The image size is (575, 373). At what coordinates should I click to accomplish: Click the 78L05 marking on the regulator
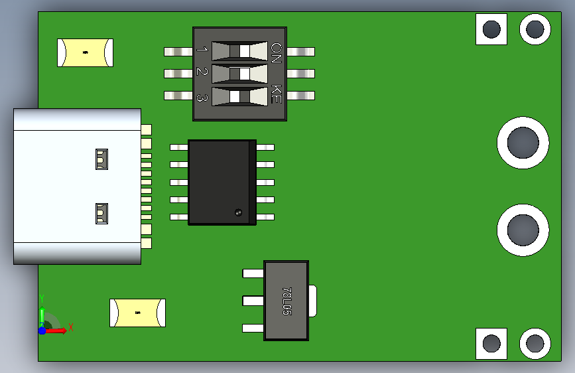click(x=287, y=301)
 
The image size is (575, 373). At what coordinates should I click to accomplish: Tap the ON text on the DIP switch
click(x=276, y=52)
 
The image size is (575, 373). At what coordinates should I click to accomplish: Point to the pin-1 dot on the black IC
click(x=238, y=212)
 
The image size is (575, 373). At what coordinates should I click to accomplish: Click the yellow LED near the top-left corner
click(x=85, y=53)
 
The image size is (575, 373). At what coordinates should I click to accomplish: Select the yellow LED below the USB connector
click(x=137, y=313)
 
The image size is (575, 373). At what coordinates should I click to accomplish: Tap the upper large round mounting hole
click(x=523, y=143)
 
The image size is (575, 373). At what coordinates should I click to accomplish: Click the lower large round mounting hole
click(x=523, y=230)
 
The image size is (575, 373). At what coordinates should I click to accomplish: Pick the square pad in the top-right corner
click(x=491, y=29)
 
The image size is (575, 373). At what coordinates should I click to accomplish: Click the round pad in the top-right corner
click(x=535, y=29)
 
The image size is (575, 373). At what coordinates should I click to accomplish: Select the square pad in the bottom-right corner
click(x=491, y=344)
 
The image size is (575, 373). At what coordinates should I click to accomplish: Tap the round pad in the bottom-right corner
click(x=535, y=344)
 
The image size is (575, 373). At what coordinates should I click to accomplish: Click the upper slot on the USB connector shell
click(x=101, y=159)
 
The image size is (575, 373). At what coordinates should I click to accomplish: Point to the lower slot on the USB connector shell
click(x=101, y=213)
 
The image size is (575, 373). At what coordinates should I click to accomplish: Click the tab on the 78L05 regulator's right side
click(x=313, y=301)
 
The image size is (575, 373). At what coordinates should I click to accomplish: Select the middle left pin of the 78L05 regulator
click(x=253, y=301)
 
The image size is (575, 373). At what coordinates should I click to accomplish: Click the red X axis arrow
click(x=55, y=331)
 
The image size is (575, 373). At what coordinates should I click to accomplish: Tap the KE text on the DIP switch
click(x=276, y=94)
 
